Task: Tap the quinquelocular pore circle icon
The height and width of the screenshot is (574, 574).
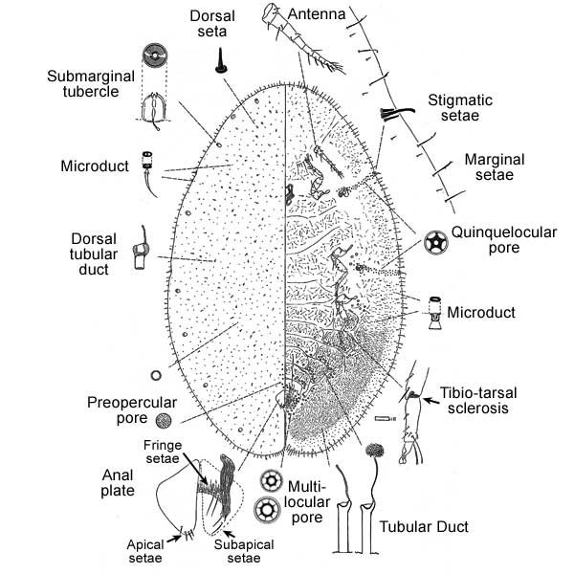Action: tap(435, 240)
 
